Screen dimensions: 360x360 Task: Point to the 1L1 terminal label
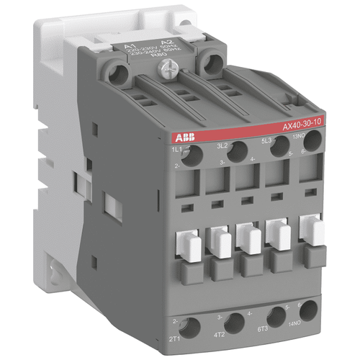(175, 148)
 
